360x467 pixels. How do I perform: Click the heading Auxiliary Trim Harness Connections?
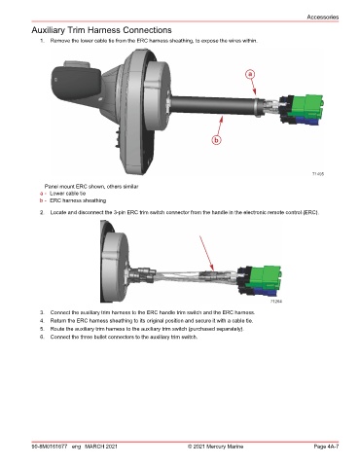click(101, 30)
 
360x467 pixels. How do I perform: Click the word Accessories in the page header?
click(323, 17)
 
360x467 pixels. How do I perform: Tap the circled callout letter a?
click(250, 74)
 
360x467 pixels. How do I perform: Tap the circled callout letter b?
click(217, 140)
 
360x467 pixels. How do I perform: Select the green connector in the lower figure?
click(266, 276)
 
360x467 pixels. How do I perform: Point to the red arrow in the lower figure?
click(206, 253)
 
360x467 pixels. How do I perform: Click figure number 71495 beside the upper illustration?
click(318, 174)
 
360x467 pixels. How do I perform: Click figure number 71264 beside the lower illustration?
click(276, 302)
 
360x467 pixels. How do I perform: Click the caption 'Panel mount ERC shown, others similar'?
click(91, 187)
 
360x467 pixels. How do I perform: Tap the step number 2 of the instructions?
click(42, 213)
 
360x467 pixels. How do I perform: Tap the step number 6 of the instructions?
click(42, 337)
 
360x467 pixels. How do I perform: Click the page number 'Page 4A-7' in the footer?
click(326, 447)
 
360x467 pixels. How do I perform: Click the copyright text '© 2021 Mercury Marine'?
click(215, 447)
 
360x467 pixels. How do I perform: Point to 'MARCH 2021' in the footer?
click(101, 447)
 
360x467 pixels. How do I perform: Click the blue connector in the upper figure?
click(307, 121)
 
